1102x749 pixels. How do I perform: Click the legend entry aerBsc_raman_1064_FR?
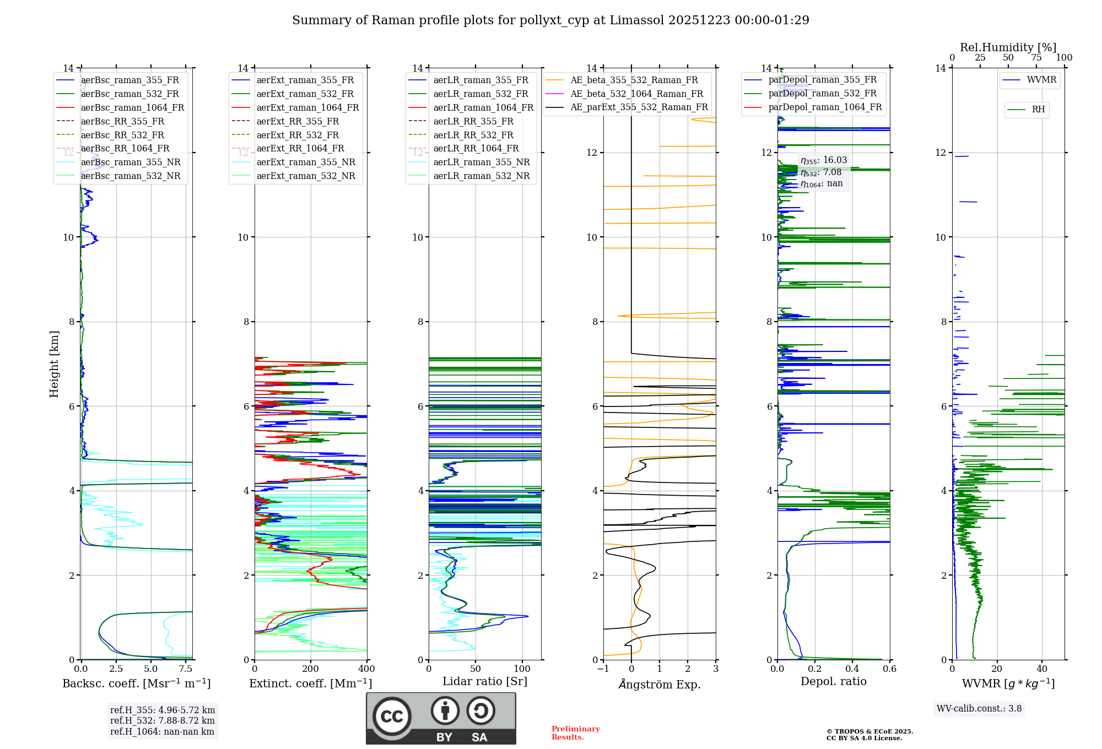(x=132, y=107)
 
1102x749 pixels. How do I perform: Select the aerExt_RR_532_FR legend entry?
(x=298, y=135)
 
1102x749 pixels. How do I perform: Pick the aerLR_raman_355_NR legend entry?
(x=481, y=162)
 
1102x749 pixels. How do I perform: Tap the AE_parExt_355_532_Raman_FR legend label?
(x=639, y=107)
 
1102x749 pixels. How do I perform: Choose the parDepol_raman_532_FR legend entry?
(x=822, y=93)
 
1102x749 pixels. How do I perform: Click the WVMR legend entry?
(x=1041, y=80)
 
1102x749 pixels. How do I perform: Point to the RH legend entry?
(x=1038, y=110)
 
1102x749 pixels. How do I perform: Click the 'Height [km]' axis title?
(x=54, y=363)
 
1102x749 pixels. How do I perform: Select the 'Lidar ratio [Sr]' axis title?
(x=485, y=681)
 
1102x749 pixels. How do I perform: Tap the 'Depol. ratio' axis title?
(x=833, y=681)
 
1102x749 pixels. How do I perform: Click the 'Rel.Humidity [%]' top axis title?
(x=1008, y=47)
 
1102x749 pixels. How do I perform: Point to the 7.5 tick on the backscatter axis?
(x=186, y=669)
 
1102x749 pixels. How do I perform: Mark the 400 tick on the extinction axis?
(x=366, y=669)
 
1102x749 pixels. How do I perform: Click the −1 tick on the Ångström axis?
(x=603, y=669)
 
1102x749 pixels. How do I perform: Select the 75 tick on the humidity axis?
(x=1036, y=58)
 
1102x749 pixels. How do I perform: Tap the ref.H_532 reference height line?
(x=162, y=720)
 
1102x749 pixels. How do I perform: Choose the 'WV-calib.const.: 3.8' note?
(x=979, y=709)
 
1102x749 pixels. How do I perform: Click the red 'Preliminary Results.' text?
(x=575, y=733)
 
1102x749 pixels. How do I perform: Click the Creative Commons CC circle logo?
(x=392, y=716)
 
